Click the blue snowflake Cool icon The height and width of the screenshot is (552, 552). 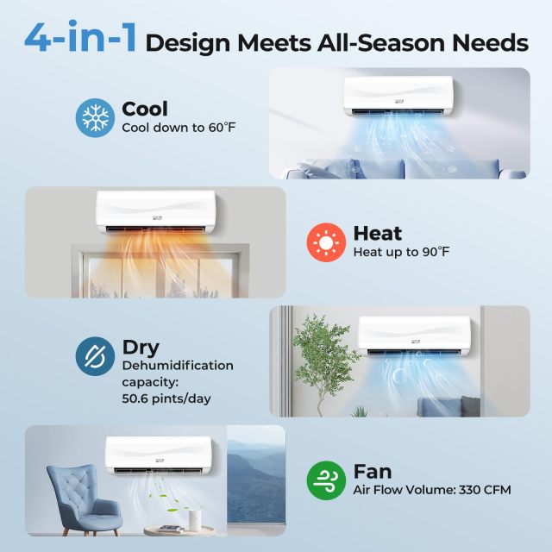95,116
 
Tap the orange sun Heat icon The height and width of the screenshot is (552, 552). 326,241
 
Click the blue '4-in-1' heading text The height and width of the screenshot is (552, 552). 81,40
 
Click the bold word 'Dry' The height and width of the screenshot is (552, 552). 141,348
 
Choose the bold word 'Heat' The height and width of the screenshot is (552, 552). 378,233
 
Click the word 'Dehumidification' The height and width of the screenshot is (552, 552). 178,366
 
